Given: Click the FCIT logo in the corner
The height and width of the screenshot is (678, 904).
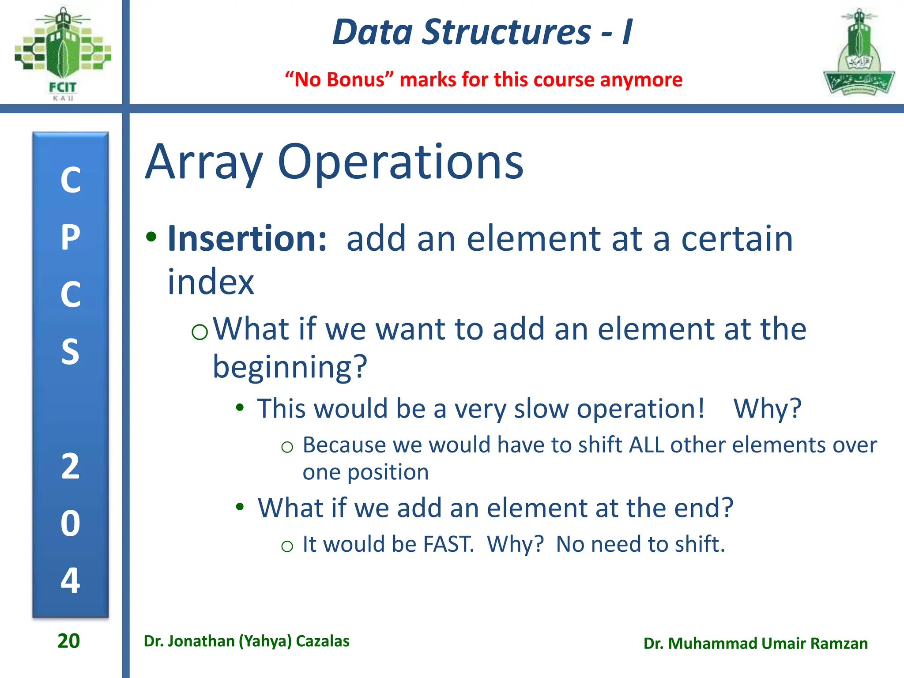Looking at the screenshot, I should click(x=63, y=52).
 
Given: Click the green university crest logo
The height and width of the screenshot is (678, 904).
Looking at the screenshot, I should click(x=859, y=53).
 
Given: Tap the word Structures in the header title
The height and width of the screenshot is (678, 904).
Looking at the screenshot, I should click(x=506, y=32).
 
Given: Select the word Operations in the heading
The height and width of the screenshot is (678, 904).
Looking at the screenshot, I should click(x=400, y=162).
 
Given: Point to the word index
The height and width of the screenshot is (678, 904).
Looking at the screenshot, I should click(x=211, y=282).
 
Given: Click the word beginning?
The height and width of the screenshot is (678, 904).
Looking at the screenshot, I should click(x=290, y=367).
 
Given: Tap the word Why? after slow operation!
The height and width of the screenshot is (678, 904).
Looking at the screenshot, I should click(x=767, y=409).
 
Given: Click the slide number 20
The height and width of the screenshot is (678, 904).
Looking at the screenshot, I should click(x=69, y=641).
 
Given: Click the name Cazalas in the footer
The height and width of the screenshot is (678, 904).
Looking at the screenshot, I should click(x=323, y=641).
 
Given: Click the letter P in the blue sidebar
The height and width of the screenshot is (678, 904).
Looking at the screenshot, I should click(x=71, y=238).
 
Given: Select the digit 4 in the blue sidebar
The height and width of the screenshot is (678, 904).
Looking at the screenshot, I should click(x=71, y=580).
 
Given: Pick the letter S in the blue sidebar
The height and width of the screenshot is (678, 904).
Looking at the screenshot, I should click(x=71, y=352).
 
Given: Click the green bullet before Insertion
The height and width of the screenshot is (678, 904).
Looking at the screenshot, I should click(x=151, y=237).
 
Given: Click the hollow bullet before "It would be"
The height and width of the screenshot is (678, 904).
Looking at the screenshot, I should click(x=287, y=546).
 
